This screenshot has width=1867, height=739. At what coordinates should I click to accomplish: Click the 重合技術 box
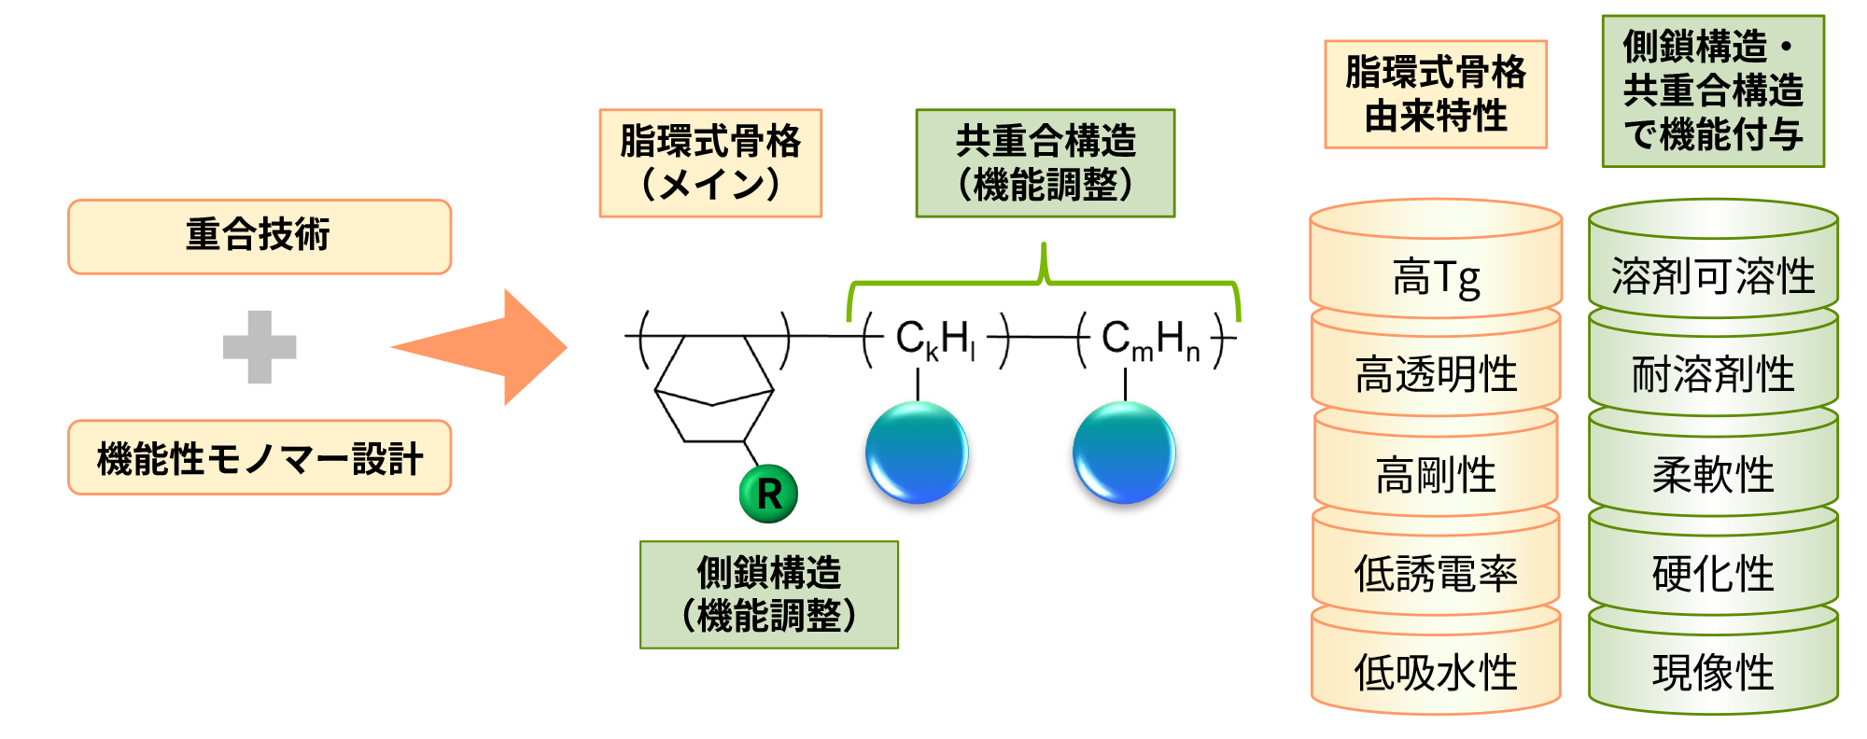259,236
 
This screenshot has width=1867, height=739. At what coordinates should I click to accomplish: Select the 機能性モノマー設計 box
259,457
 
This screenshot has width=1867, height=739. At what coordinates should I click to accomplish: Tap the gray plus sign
260,347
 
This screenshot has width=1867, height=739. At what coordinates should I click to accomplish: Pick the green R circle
768,494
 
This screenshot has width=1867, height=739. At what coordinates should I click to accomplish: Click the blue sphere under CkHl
917,453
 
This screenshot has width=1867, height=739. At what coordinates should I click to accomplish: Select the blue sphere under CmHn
1124,453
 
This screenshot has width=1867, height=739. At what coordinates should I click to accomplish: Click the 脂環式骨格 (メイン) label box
710,163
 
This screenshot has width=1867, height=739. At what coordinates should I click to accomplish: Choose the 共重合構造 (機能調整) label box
1045,163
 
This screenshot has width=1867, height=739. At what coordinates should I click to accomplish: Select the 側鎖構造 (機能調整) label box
768,594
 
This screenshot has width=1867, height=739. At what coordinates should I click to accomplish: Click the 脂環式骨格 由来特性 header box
1435,94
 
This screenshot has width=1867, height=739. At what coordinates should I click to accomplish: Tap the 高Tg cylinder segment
1435,276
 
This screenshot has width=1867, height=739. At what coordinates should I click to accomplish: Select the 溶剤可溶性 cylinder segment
1713,276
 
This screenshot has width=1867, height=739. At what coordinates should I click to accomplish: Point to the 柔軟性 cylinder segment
1713,474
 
